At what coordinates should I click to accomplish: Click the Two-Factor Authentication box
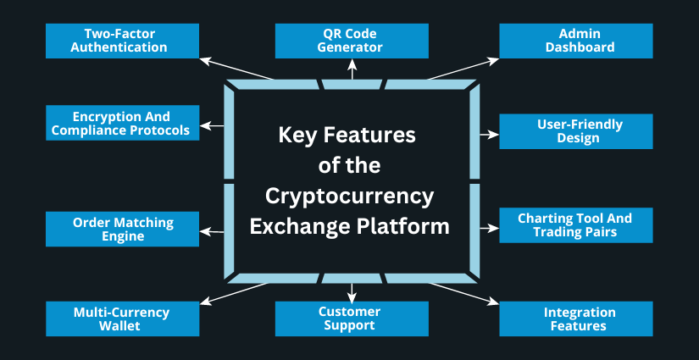(x=123, y=41)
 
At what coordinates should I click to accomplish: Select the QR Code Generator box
(x=352, y=41)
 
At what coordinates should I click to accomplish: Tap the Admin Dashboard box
(x=575, y=41)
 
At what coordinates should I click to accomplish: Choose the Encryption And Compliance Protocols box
(x=123, y=123)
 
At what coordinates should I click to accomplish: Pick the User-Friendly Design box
(x=575, y=131)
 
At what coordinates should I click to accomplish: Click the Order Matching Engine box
(x=123, y=229)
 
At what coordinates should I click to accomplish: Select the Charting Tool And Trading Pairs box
(x=575, y=224)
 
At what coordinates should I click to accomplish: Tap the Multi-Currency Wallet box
(x=123, y=318)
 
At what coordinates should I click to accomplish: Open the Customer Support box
(x=352, y=318)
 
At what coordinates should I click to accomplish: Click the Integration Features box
(x=575, y=318)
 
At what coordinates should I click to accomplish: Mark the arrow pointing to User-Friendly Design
(x=489, y=134)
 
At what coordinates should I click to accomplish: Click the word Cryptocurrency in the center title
(x=349, y=196)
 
